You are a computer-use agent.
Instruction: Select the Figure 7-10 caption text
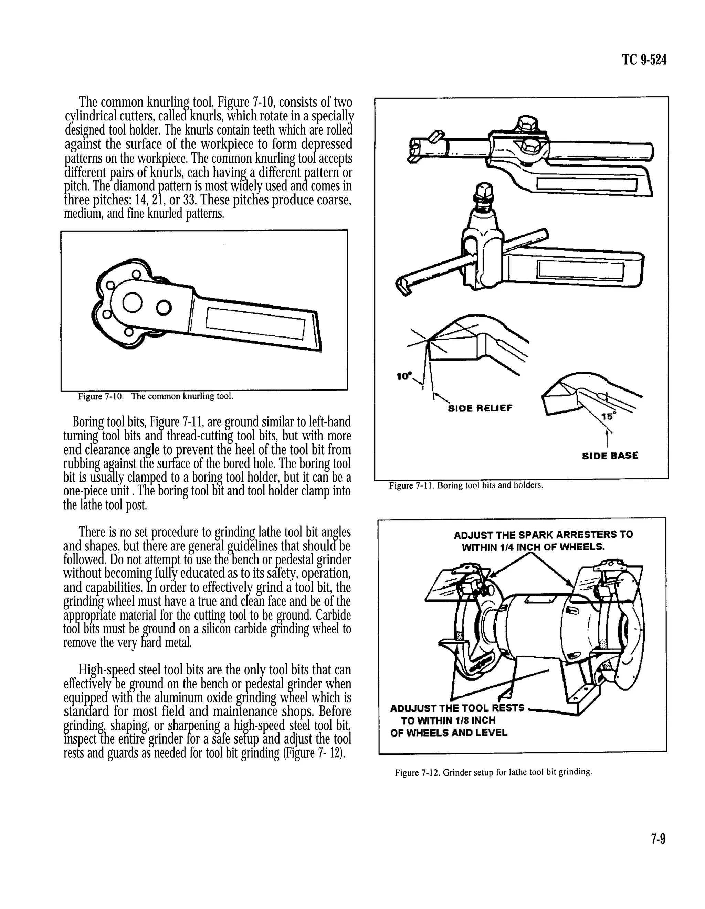click(155, 396)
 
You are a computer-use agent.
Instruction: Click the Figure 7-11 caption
click(465, 485)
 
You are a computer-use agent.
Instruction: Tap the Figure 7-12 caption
click(493, 772)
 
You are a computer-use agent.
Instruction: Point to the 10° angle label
click(403, 376)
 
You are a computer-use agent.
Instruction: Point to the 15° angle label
click(608, 415)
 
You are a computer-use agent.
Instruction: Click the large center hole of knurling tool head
click(133, 302)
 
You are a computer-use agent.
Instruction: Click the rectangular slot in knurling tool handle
click(255, 323)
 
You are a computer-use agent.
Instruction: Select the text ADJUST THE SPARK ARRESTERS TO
click(543, 535)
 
